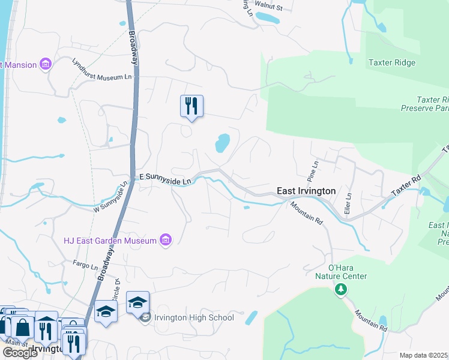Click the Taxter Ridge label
point(392,62)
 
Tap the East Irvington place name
point(306,191)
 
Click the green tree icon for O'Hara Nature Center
point(341,290)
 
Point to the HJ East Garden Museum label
point(110,241)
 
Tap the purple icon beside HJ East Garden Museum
point(166,241)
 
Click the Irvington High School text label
point(194,317)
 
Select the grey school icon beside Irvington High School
point(145,317)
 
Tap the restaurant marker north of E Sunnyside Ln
point(191,106)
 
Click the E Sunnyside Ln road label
point(164,178)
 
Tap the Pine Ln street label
point(312,170)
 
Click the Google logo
point(19,352)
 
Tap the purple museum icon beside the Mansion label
point(45,64)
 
